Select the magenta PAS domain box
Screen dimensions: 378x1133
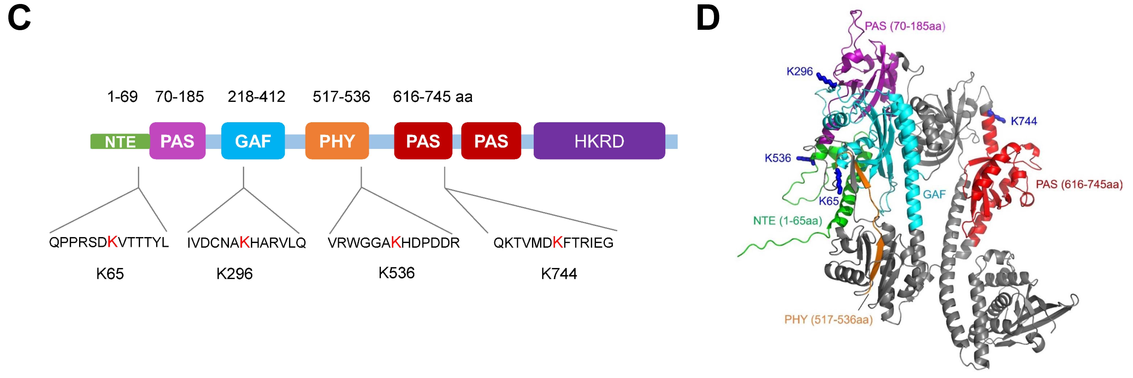[x=177, y=141]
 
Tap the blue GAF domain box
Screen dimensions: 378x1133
[x=253, y=141]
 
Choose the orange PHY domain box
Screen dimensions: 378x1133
[x=337, y=141]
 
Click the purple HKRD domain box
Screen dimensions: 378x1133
[x=599, y=141]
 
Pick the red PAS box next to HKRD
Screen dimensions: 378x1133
[x=491, y=141]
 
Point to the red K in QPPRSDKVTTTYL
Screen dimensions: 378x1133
[x=113, y=242]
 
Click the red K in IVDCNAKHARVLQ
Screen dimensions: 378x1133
[x=245, y=242]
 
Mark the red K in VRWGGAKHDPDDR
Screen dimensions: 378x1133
[x=396, y=242]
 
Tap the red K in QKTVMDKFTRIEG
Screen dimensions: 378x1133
[x=558, y=242]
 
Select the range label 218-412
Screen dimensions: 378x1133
[x=256, y=96]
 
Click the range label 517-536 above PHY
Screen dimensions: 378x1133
[x=341, y=96]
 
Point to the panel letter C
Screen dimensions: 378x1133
[x=19, y=19]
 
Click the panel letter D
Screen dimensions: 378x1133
[x=708, y=19]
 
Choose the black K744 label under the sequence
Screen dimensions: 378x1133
[x=559, y=274]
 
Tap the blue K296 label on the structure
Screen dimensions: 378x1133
[x=800, y=71]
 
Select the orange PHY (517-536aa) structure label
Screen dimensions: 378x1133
[x=828, y=320]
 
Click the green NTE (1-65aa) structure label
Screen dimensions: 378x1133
[x=787, y=220]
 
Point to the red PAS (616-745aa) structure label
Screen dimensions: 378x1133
[x=1079, y=184]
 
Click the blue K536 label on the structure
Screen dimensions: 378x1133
[x=778, y=158]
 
